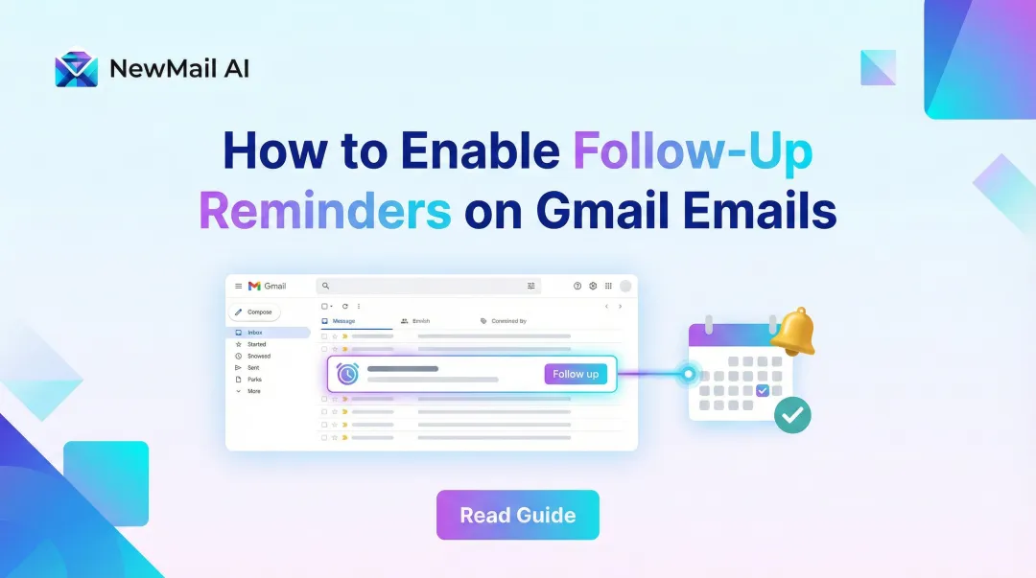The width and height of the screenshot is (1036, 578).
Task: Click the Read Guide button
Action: [x=518, y=515]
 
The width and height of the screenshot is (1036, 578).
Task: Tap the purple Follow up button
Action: [x=576, y=374]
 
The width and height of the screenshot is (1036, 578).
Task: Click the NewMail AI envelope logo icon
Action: [x=76, y=69]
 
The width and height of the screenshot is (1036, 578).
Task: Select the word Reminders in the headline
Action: [x=324, y=211]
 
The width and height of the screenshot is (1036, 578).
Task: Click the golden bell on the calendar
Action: [x=791, y=332]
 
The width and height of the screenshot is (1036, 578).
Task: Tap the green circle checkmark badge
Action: [x=792, y=415]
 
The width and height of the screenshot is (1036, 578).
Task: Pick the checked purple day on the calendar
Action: [x=762, y=390]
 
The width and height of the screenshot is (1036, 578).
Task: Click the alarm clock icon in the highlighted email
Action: [x=347, y=374]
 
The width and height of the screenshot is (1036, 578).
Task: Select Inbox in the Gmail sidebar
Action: [x=254, y=333]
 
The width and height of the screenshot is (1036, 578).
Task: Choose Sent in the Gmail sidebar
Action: [x=253, y=367]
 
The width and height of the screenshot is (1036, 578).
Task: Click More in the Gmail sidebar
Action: [x=253, y=391]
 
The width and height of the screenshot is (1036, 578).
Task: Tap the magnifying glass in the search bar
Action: [x=326, y=286]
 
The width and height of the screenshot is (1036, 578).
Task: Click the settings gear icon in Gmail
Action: [x=593, y=286]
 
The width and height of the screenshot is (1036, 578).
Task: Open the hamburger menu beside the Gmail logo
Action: [x=239, y=286]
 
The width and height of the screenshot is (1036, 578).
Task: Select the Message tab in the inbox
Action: [x=343, y=321]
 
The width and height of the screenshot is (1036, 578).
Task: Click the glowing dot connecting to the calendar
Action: [x=687, y=374]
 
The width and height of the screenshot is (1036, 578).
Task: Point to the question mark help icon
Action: [x=577, y=286]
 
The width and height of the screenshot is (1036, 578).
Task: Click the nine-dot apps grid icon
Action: [x=608, y=286]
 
